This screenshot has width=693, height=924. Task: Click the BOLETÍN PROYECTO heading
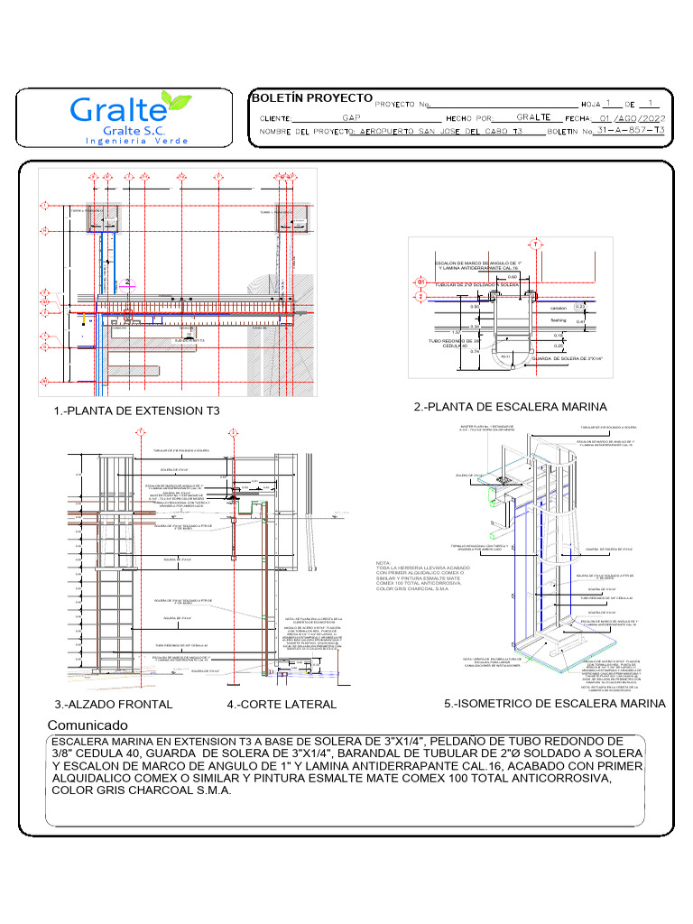(311, 97)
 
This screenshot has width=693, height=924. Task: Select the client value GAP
(352, 118)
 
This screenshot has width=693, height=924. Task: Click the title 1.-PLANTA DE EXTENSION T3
(136, 411)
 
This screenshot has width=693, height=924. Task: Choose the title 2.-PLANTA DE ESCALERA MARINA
(511, 407)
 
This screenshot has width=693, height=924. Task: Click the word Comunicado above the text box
(87, 725)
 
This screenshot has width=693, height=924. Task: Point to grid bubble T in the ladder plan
(535, 245)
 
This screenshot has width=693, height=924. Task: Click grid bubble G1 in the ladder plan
(420, 282)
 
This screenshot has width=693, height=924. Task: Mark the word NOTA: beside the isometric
(383, 560)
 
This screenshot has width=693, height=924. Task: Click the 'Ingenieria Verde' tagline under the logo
(137, 141)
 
